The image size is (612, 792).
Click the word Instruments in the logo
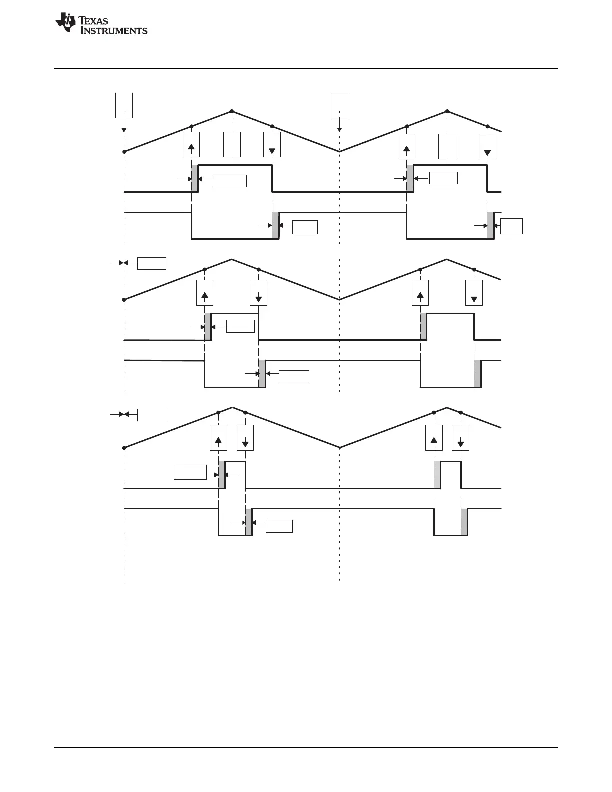[114, 31]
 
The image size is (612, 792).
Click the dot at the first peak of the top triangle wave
[232, 111]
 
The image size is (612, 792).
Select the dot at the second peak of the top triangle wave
[447, 111]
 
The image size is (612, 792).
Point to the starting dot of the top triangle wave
[124, 151]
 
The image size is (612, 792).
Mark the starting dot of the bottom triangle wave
[124, 448]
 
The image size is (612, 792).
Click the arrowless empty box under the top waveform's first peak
[232, 145]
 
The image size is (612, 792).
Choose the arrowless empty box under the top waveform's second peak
[447, 146]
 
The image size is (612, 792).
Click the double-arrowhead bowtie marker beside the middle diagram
[123, 263]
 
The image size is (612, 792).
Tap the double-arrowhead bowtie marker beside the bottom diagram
[123, 414]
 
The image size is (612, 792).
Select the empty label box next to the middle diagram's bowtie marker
[152, 263]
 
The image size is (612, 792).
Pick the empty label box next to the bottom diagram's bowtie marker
[152, 415]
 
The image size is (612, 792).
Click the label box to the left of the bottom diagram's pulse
[190, 472]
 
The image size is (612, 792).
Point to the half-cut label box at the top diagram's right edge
[512, 226]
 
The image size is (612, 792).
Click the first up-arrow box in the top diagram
[192, 145]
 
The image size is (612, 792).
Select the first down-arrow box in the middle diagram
[259, 293]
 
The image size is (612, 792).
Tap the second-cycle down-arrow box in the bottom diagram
[461, 438]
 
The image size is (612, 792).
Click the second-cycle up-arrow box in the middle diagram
[420, 293]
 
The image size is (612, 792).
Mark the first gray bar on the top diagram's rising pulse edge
[195, 178]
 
